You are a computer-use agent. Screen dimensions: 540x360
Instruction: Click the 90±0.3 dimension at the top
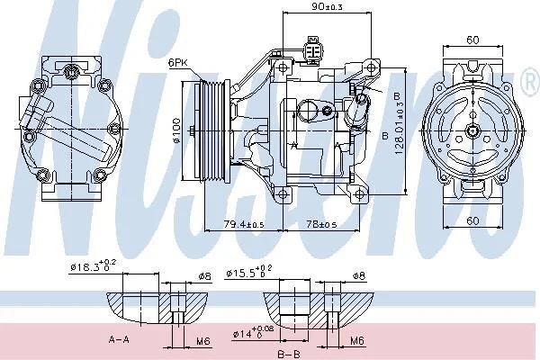pos(328,6)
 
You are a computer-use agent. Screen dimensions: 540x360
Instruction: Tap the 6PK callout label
pos(177,63)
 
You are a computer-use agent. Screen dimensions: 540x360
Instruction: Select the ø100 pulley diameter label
pos(176,130)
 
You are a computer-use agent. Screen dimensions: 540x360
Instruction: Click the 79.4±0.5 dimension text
pos(244,225)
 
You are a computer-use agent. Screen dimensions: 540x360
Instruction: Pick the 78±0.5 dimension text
pos(321,224)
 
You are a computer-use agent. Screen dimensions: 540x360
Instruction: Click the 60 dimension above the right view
pos(472,40)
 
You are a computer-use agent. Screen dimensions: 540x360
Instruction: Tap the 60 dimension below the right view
pos(472,220)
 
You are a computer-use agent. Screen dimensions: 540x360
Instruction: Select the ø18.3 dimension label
pos(93,266)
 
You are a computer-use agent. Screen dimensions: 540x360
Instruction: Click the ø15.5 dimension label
pos(249,272)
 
